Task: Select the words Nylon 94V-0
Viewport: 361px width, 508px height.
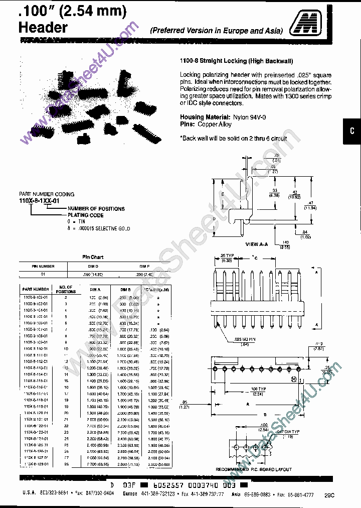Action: (241, 116)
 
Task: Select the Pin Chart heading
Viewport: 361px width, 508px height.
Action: (92, 257)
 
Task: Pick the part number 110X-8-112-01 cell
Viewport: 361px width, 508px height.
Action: (35, 361)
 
